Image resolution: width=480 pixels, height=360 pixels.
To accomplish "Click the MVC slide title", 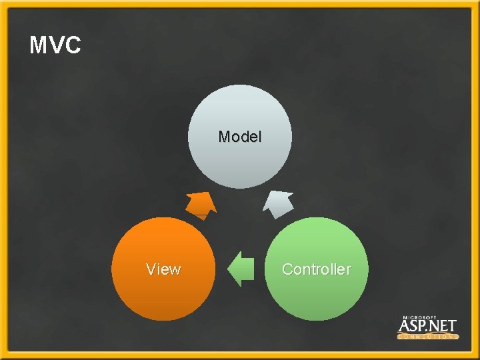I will coord(55,45).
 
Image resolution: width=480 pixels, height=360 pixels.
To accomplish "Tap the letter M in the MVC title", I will coord(39,45).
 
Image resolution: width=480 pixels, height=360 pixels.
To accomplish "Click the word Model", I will coord(240,137).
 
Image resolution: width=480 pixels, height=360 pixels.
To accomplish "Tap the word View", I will coord(163,269).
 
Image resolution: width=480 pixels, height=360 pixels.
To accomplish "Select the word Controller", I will coord(316,269).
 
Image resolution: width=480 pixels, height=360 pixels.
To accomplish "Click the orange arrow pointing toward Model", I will coord(200,204).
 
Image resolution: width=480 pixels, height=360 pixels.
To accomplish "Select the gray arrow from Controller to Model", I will coord(278,203).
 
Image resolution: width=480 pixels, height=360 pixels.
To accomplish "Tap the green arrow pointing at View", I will coord(241,269).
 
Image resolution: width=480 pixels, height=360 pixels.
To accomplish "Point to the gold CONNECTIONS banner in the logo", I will coord(427,337).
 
